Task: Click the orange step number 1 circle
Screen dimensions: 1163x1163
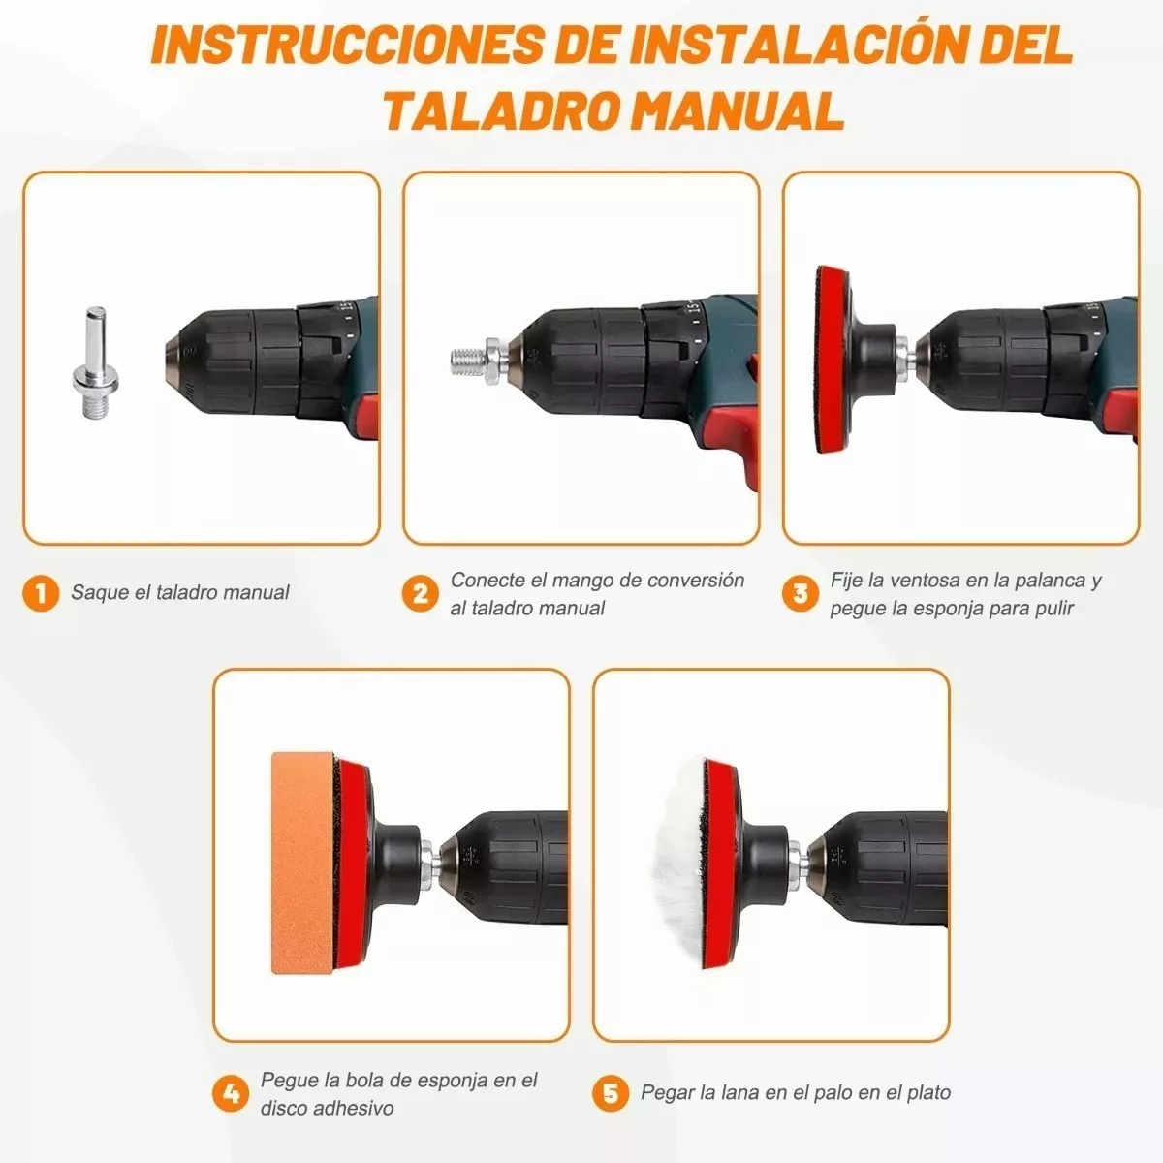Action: tap(41, 592)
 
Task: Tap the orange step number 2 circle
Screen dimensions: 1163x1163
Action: tap(420, 593)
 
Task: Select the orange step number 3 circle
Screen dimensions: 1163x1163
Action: tap(800, 593)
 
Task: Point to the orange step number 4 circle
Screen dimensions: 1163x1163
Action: tap(231, 1094)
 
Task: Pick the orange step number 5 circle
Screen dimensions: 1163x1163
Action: tap(611, 1094)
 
